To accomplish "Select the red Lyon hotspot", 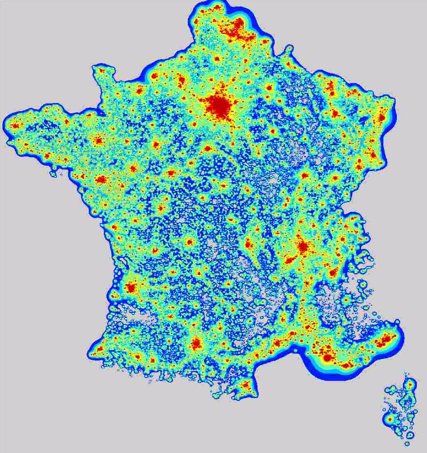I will (302, 246).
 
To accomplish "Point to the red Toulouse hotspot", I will (196, 344).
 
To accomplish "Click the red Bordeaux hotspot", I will (131, 288).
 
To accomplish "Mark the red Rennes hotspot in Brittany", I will (98, 141).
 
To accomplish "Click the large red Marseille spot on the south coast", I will (327, 358).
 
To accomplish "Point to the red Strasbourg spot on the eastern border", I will (382, 118).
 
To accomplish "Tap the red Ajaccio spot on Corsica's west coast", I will (390, 419).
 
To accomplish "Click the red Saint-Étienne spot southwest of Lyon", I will (290, 260).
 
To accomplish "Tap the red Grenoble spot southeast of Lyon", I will (333, 272).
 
